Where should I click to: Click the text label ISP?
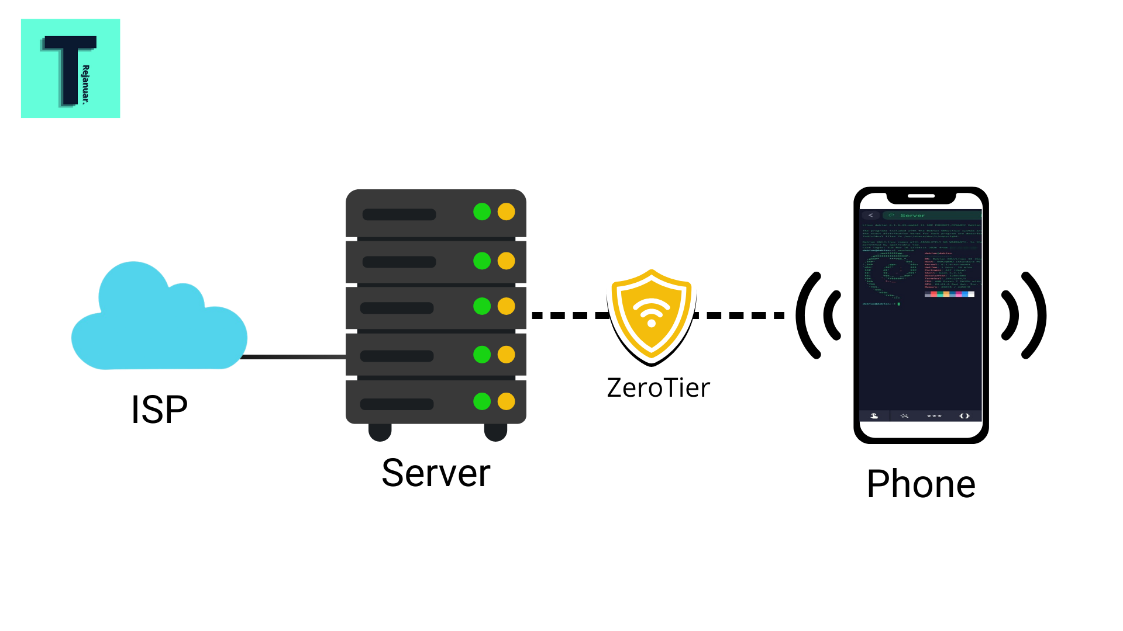pyautogui.click(x=159, y=410)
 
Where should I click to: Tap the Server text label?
pyautogui.click(x=436, y=473)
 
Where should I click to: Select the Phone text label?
pyautogui.click(x=921, y=484)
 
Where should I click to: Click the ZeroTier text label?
pyautogui.click(x=658, y=388)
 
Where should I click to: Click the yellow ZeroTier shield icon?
pyautogui.click(x=651, y=315)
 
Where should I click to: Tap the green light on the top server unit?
pyautogui.click(x=482, y=212)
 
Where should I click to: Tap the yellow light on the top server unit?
pyautogui.click(x=507, y=212)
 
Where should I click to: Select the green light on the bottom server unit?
pyautogui.click(x=482, y=401)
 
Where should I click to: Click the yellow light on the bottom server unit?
pyautogui.click(x=507, y=401)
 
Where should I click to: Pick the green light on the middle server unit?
pyautogui.click(x=482, y=306)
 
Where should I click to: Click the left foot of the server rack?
pyautogui.click(x=380, y=432)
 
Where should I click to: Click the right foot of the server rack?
pyautogui.click(x=495, y=432)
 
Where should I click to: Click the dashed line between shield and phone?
pyautogui.click(x=740, y=315)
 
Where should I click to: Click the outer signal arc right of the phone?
pyautogui.click(x=1035, y=315)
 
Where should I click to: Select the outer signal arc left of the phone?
pyautogui.click(x=805, y=315)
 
